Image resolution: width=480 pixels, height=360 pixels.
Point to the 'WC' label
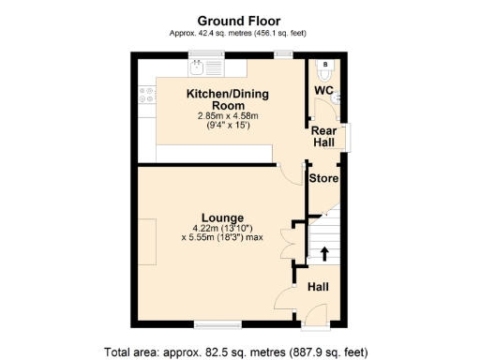[323, 90]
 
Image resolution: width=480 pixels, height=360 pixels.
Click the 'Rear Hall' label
[324, 138]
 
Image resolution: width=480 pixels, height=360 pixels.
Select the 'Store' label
[324, 177]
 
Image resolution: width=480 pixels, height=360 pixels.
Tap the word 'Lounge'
[223, 217]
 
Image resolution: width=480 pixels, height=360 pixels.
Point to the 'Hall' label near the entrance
[319, 287]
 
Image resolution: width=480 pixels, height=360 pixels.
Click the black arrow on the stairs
[325, 252]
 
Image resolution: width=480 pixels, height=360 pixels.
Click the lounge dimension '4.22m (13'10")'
[223, 228]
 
